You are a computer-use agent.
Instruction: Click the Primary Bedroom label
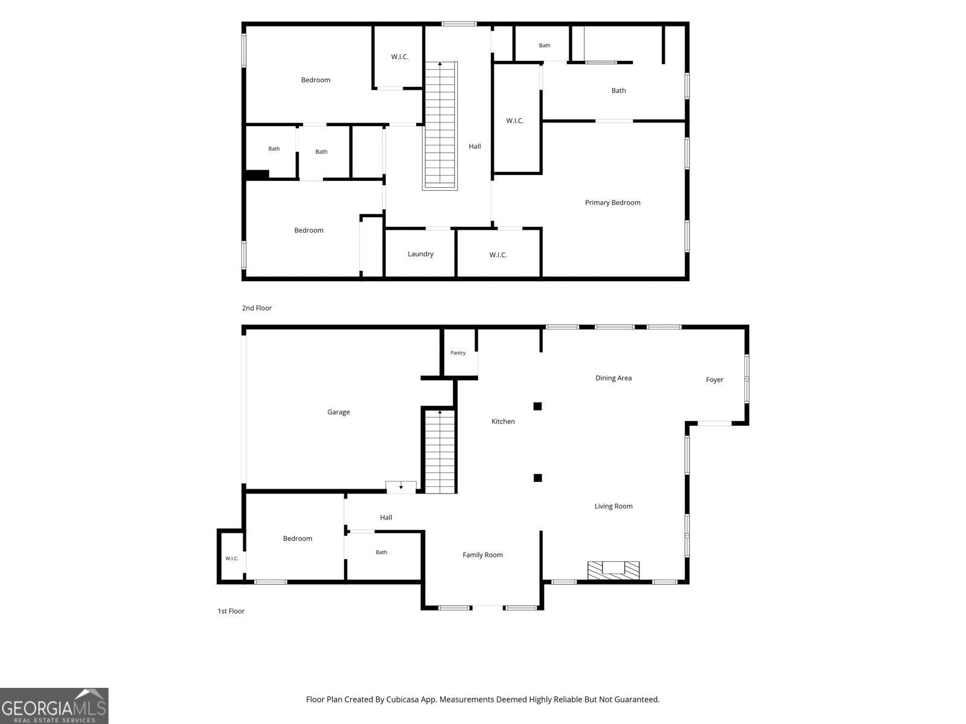[612, 203]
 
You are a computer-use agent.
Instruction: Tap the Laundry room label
[420, 254]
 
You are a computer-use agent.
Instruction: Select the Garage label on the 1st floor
[339, 412]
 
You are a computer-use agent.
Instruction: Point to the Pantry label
[458, 352]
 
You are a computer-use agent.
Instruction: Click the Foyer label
[714, 380]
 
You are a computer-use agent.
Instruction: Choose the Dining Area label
[613, 378]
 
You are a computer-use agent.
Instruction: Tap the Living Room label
[613, 506]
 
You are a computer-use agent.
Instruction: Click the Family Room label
[482, 555]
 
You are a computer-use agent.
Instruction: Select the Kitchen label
[503, 422]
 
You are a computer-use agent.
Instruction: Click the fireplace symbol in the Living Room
[613, 570]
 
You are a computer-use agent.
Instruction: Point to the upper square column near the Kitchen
[537, 406]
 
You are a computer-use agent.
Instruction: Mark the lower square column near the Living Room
[537, 478]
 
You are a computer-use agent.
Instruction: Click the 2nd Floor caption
[257, 308]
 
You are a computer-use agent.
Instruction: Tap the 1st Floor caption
[231, 611]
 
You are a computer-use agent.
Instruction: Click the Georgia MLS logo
[54, 706]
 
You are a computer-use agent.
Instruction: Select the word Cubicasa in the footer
[403, 699]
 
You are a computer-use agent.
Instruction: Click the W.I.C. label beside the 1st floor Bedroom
[231, 559]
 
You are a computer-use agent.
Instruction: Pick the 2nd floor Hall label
[475, 147]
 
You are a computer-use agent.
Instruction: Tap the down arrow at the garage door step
[401, 486]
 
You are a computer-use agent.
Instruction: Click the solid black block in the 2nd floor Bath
[257, 174]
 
